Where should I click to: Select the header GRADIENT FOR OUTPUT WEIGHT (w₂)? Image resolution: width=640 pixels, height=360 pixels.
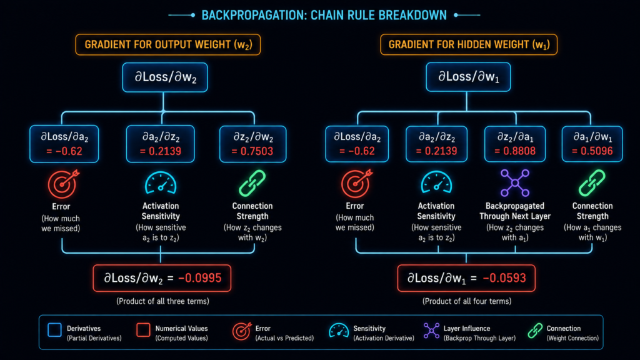pyautogui.click(x=167, y=44)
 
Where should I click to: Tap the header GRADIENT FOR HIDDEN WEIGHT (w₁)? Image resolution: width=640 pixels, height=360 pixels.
pyautogui.click(x=469, y=44)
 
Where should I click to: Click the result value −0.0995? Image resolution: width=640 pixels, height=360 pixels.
pyautogui.click(x=199, y=278)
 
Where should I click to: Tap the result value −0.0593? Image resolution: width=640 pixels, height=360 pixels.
pyautogui.click(x=504, y=278)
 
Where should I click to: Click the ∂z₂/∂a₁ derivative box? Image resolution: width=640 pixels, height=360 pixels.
pyautogui.click(x=515, y=144)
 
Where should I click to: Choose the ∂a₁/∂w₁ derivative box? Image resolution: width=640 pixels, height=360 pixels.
pyautogui.click(x=592, y=144)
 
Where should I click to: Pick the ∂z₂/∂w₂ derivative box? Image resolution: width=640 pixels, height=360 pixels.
pyautogui.click(x=252, y=144)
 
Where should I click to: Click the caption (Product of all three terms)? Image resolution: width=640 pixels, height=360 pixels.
pyautogui.click(x=162, y=301)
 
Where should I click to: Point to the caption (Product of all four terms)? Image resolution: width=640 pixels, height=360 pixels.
pyautogui.click(x=466, y=301)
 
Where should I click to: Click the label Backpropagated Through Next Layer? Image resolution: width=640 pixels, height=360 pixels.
pyautogui.click(x=515, y=211)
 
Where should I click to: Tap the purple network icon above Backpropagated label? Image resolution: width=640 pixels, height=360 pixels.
pyautogui.click(x=515, y=183)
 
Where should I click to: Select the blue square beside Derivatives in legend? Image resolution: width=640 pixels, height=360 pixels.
pyautogui.click(x=54, y=330)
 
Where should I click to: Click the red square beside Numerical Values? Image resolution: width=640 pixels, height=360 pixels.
pyautogui.click(x=143, y=330)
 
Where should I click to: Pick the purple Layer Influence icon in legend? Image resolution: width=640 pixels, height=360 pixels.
pyautogui.click(x=431, y=331)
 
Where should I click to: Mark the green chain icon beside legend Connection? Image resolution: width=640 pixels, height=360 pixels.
pyautogui.click(x=535, y=331)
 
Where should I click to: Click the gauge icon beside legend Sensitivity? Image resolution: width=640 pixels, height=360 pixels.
pyautogui.click(x=339, y=331)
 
